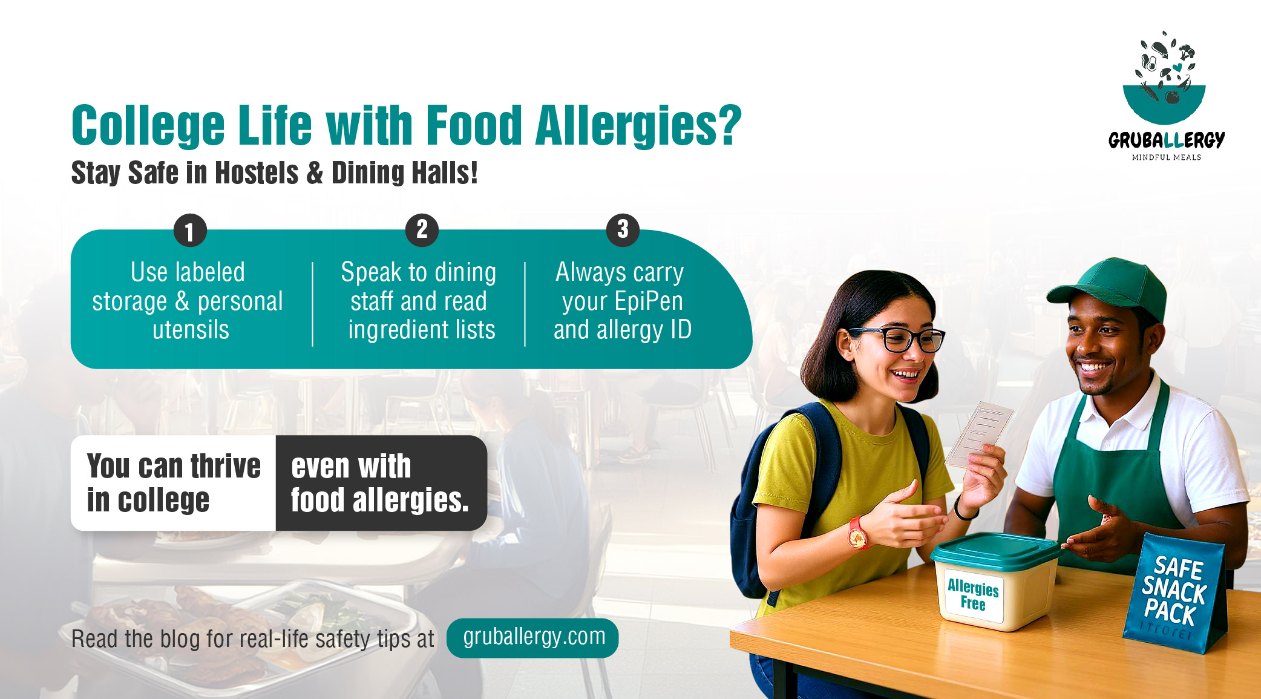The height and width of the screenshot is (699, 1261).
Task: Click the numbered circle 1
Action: click(x=190, y=231)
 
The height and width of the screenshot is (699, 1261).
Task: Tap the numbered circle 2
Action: click(x=422, y=230)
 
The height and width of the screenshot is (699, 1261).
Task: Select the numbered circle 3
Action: click(x=623, y=230)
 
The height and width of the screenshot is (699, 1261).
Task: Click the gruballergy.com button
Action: click(x=532, y=637)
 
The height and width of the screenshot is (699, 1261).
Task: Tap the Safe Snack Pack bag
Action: click(x=1174, y=596)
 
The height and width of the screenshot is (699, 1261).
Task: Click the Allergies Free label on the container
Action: click(x=973, y=595)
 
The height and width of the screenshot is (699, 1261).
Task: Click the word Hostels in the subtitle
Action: click(x=257, y=173)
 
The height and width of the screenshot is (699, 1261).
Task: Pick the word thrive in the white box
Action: click(x=226, y=467)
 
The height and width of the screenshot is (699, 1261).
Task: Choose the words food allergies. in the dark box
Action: click(x=379, y=500)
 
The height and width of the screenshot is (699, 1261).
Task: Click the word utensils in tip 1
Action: click(x=191, y=330)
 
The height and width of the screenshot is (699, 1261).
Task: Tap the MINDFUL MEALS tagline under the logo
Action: click(x=1166, y=157)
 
